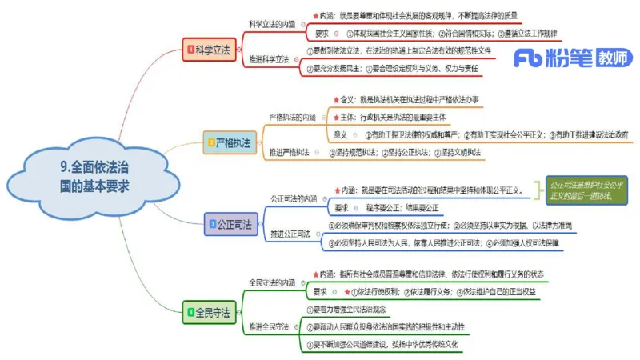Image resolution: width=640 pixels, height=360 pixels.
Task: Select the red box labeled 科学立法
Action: [x=210, y=50]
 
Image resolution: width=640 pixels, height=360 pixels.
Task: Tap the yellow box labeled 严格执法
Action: [x=227, y=143]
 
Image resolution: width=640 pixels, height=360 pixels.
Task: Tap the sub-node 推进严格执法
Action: [x=287, y=152]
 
